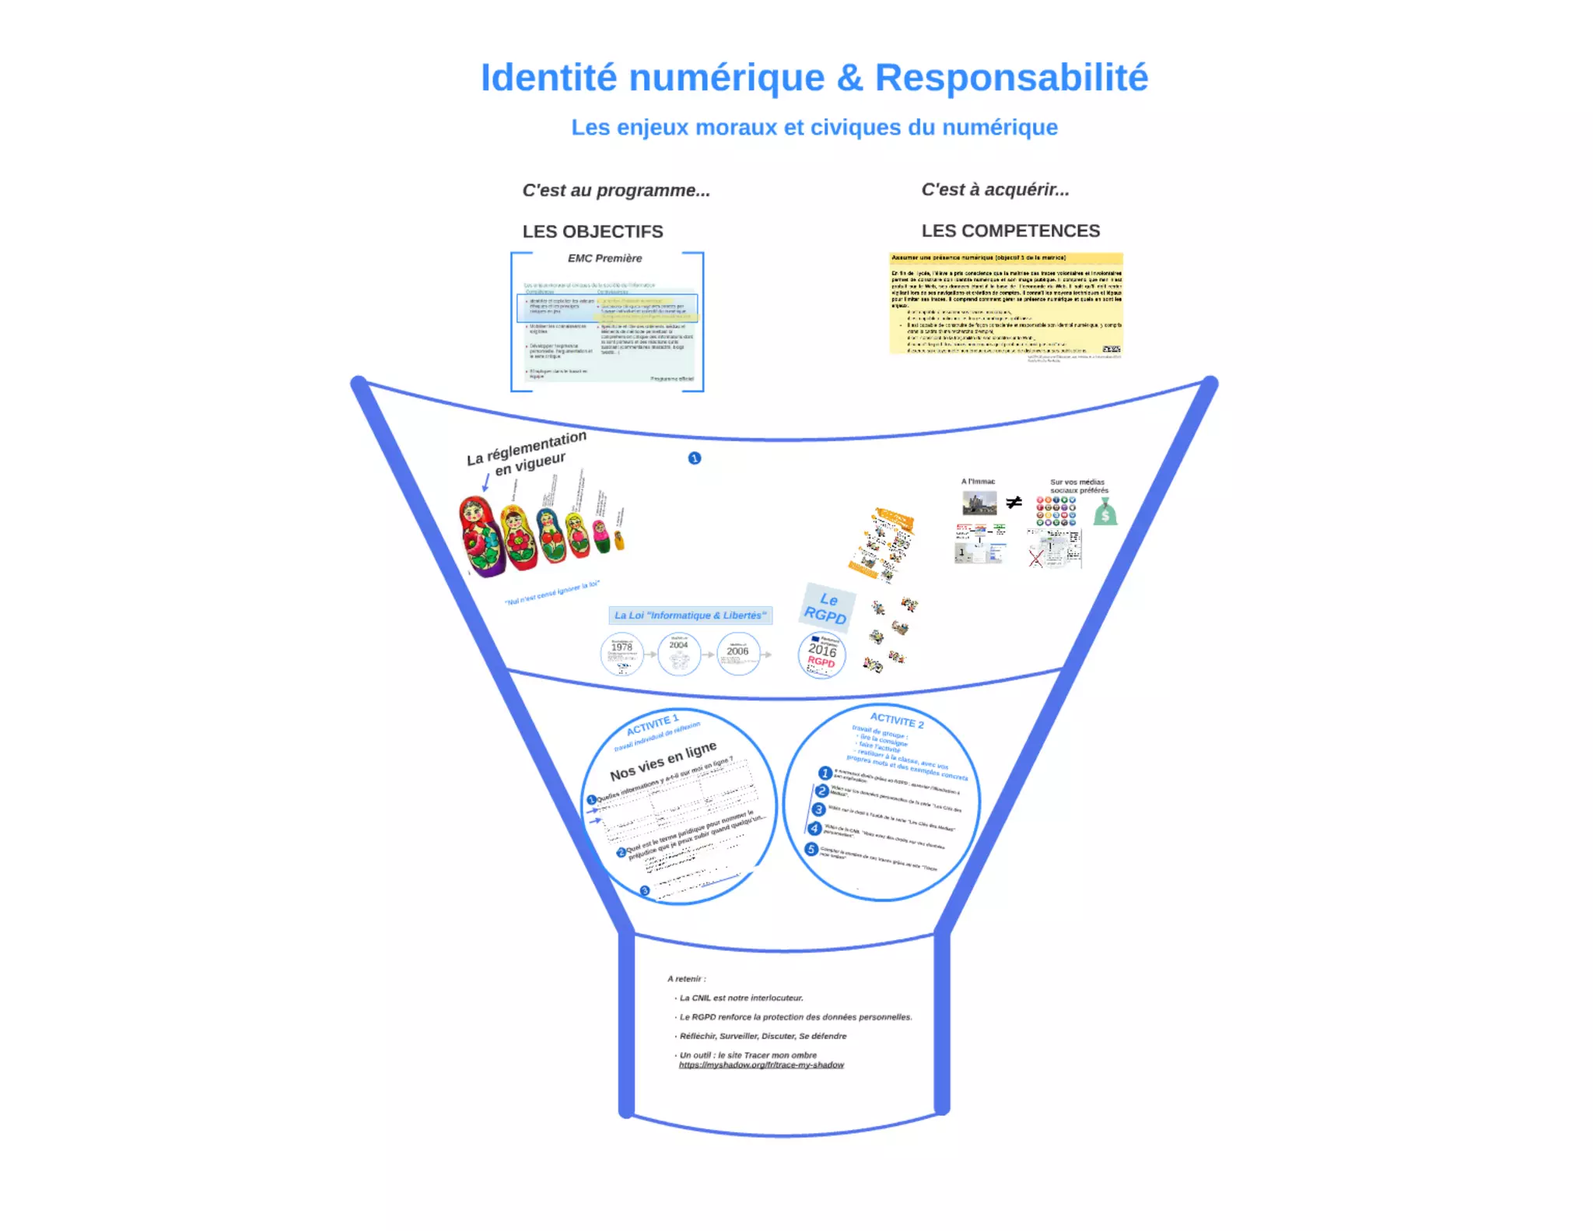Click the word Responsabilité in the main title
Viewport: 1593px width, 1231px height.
1010,78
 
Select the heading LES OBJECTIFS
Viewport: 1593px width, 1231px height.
593,232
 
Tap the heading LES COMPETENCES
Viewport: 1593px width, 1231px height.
1010,231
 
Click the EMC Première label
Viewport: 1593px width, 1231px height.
604,258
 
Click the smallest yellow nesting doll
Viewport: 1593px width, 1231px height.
619,538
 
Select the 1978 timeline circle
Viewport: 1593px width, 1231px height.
621,654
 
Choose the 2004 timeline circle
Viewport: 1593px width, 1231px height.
679,653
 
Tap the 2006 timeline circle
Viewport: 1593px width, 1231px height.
738,654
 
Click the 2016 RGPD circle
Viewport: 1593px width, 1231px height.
821,655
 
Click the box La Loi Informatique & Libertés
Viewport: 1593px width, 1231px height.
690,615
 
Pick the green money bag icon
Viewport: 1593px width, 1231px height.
1105,513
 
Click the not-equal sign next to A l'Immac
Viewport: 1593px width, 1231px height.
1014,503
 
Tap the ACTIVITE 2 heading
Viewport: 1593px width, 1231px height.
897,720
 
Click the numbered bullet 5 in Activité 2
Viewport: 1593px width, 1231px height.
811,849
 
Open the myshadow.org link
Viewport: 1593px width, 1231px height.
761,1065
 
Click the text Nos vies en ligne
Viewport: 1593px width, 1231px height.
663,762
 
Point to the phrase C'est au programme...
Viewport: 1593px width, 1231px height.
615,191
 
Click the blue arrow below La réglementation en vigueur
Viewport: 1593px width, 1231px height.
485,483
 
